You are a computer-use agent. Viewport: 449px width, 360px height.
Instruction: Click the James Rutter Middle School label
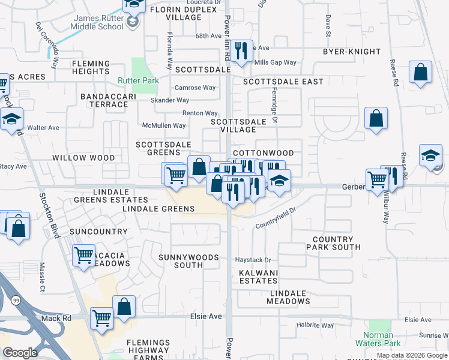pyautogui.click(x=98, y=22)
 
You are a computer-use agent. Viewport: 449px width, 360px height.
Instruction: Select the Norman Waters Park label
pyautogui.click(x=378, y=340)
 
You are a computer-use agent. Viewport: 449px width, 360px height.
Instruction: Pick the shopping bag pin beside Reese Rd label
pyautogui.click(x=421, y=73)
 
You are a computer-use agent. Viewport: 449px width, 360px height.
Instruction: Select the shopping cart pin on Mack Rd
pyautogui.click(x=102, y=319)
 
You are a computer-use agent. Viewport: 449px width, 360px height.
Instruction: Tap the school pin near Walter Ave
pyautogui.click(x=11, y=119)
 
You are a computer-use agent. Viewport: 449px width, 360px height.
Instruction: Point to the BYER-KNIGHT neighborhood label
pyautogui.click(x=352, y=52)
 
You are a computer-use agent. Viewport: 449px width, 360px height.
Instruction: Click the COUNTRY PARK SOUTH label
pyautogui.click(x=336, y=243)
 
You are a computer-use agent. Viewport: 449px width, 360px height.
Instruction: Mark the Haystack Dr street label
pyautogui.click(x=253, y=260)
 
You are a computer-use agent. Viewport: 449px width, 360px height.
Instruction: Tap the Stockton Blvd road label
pyautogui.click(x=50, y=216)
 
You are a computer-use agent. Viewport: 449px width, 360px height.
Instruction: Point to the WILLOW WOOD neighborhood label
pyautogui.click(x=83, y=158)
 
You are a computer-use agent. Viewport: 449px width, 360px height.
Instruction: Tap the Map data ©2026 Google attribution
pyautogui.click(x=412, y=355)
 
